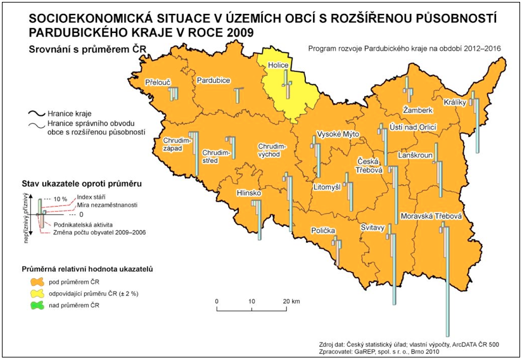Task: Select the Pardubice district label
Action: click(x=213, y=80)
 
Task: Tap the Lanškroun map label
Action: click(x=416, y=155)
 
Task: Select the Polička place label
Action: click(x=322, y=231)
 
